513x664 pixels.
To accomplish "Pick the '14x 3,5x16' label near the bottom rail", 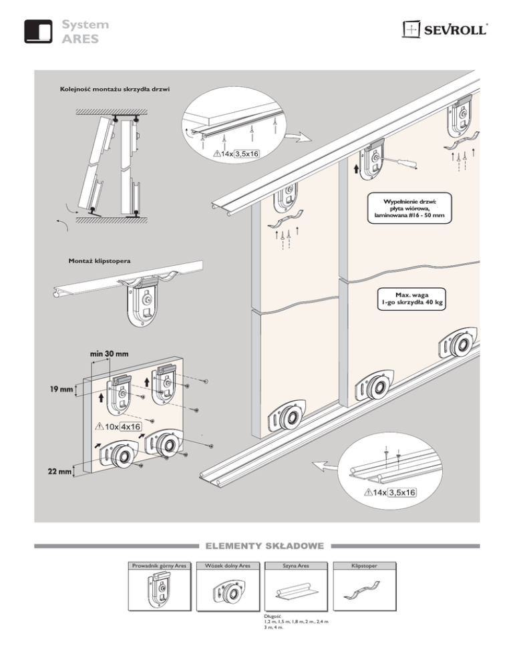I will point(391,492).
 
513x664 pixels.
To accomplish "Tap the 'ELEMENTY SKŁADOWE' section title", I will point(256,546).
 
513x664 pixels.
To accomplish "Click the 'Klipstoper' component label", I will point(363,566).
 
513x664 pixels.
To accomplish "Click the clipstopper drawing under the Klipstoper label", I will point(363,591).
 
